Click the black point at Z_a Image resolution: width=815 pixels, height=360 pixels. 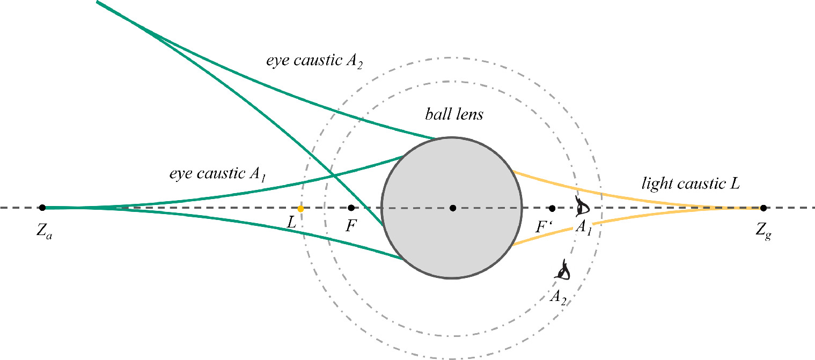(42, 208)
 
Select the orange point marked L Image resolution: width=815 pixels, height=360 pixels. (301, 208)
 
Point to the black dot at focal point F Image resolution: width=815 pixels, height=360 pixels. (351, 208)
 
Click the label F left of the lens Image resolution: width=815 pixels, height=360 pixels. (350, 226)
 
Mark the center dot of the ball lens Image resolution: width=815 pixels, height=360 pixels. (453, 208)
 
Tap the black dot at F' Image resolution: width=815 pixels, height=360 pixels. (552, 208)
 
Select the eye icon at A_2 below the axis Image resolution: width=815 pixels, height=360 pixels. (563, 270)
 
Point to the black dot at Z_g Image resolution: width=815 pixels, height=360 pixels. (763, 208)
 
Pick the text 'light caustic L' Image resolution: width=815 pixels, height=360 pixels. (691, 184)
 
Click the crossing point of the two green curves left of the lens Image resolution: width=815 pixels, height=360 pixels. (333, 175)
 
